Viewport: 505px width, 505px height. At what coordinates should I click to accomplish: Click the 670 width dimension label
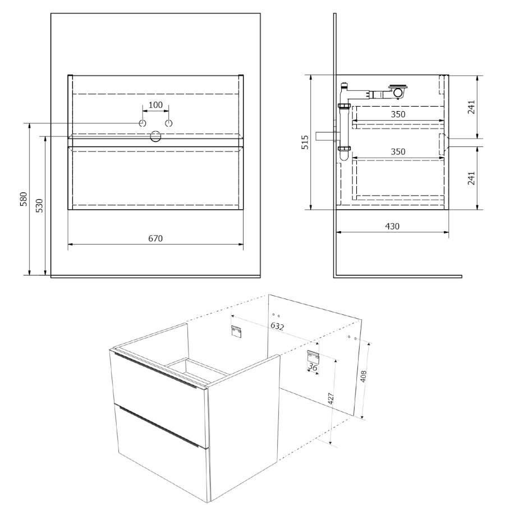tap(155, 238)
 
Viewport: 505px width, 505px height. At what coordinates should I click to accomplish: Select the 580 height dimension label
tap(24, 199)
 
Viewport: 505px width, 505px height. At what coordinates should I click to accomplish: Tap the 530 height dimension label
tap(39, 205)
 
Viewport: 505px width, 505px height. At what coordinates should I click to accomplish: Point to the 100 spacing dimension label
tap(155, 105)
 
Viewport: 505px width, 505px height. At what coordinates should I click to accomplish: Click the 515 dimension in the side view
tap(305, 142)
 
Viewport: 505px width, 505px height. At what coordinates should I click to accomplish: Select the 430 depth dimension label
tap(392, 227)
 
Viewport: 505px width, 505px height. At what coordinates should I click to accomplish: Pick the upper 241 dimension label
tap(471, 107)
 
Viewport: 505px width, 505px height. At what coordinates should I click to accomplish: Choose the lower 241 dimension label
tap(471, 178)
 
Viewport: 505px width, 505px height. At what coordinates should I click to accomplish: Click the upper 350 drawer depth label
tap(398, 114)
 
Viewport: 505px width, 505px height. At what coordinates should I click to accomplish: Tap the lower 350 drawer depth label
tap(398, 151)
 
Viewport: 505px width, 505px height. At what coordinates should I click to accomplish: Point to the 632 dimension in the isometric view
tap(277, 326)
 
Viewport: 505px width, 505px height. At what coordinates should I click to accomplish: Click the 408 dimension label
tap(363, 376)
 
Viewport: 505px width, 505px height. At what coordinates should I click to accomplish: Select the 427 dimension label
tap(330, 399)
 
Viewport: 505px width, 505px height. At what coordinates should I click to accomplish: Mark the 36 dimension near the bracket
tap(313, 367)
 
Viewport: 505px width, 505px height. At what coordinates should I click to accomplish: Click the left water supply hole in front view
tap(143, 123)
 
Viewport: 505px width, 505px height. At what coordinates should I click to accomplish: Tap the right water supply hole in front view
tap(168, 123)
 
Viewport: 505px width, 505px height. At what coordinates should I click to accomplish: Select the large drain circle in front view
tap(155, 136)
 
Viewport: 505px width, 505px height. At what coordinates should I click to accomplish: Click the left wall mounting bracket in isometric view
tap(236, 332)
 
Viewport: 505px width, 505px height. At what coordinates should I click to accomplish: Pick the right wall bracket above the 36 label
tap(313, 356)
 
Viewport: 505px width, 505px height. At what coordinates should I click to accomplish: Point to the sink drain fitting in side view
tap(398, 91)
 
